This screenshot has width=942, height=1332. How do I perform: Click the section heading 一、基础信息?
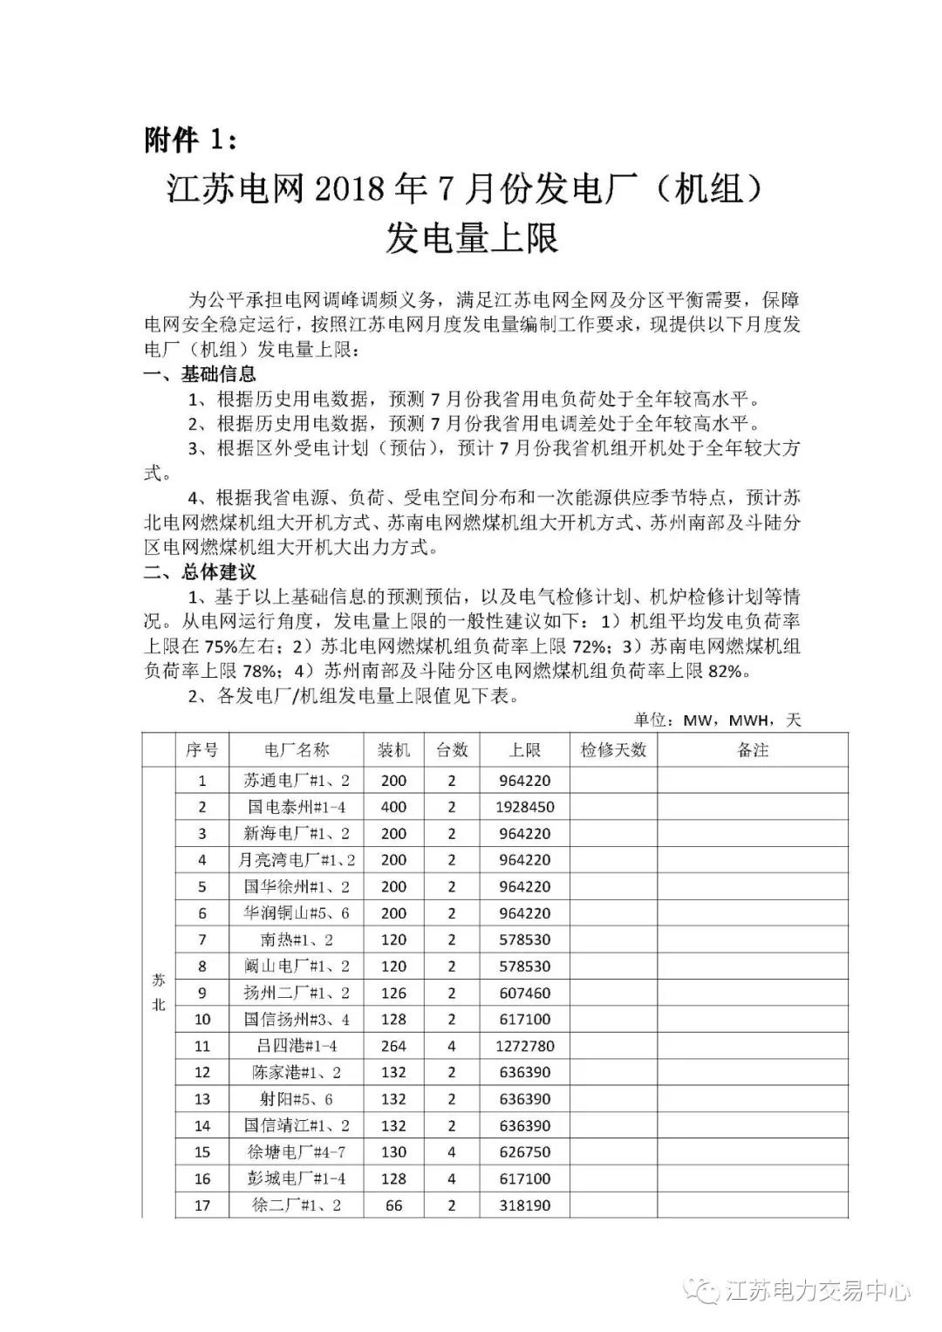[200, 374]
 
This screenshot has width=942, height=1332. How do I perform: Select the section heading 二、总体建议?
[200, 572]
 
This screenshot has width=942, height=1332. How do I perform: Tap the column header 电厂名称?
[297, 750]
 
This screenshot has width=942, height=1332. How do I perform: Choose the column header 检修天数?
[613, 750]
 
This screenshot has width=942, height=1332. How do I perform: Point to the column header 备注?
[753, 750]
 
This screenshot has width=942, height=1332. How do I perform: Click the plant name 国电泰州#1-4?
[297, 807]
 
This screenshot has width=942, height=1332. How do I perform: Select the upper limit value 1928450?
[525, 807]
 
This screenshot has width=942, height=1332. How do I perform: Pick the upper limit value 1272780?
[525, 1046]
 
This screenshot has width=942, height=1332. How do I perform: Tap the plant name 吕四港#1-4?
[297, 1046]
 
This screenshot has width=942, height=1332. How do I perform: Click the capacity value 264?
[394, 1046]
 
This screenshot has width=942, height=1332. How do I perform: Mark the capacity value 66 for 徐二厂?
[394, 1206]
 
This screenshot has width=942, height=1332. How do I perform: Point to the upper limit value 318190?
[525, 1206]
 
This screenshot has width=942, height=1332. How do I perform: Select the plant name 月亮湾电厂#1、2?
[297, 860]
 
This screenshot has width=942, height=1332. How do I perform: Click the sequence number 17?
[202, 1206]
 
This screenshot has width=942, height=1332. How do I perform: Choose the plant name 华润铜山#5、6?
[297, 913]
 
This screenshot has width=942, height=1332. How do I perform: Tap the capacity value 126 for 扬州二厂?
[394, 993]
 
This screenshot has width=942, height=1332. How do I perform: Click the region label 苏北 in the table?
[159, 993]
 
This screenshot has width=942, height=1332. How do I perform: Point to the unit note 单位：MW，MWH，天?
[717, 720]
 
